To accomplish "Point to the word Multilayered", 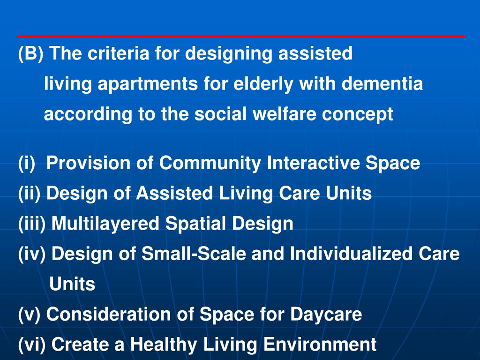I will pyautogui.click(x=105, y=224).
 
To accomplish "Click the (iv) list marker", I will pyautogui.click(x=32, y=254).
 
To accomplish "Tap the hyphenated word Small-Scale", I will pyautogui.click(x=194, y=254).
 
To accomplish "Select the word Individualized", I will pyautogui.click(x=345, y=254).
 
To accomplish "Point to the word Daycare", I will pyautogui.click(x=326, y=315).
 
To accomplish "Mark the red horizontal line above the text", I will pyautogui.click(x=240, y=36).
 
